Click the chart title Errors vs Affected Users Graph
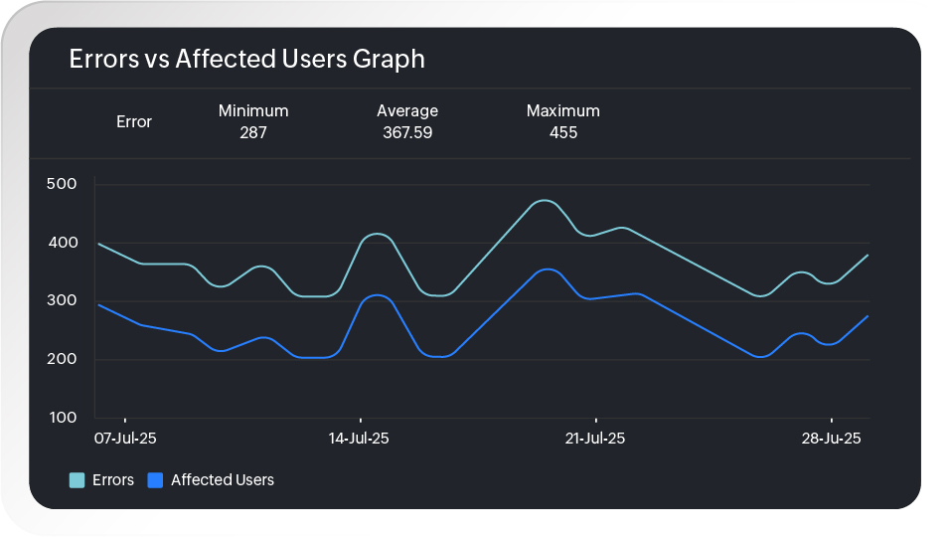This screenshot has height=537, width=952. coord(246,60)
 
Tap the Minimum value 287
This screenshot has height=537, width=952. coord(253,132)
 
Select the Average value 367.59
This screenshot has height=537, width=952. coord(407,132)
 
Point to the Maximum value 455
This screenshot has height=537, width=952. coord(563,132)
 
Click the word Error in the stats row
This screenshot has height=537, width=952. coord(134,122)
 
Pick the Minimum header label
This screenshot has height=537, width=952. coord(253,111)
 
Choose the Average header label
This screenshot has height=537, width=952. coord(407,111)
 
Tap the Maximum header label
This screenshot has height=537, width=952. coord(563,111)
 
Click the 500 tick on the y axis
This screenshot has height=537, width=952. coord(62,184)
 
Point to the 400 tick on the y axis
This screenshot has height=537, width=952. coord(62,243)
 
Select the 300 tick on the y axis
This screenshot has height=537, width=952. coord(62,301)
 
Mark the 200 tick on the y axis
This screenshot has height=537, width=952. coord(62,360)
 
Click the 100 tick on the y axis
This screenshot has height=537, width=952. coord(62,418)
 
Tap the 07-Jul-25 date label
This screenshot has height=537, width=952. coord(125,439)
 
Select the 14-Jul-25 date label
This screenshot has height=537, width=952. coord(360,439)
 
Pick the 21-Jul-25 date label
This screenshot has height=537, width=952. coord(595,439)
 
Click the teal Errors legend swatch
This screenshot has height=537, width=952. coord(77,480)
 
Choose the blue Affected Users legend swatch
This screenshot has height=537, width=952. coord(155,480)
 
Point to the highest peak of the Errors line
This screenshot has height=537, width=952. coord(543,201)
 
